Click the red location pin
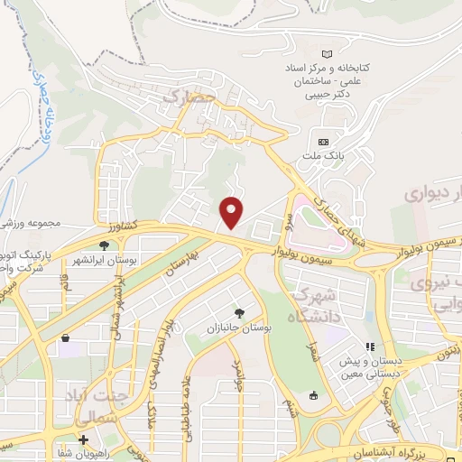click(x=233, y=211)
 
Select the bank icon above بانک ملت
click(x=324, y=142)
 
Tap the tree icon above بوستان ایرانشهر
click(x=105, y=245)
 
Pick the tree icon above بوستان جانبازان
click(x=238, y=312)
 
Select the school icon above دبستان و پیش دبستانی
click(x=369, y=347)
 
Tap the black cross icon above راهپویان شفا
click(x=83, y=439)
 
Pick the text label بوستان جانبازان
click(x=238, y=326)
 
